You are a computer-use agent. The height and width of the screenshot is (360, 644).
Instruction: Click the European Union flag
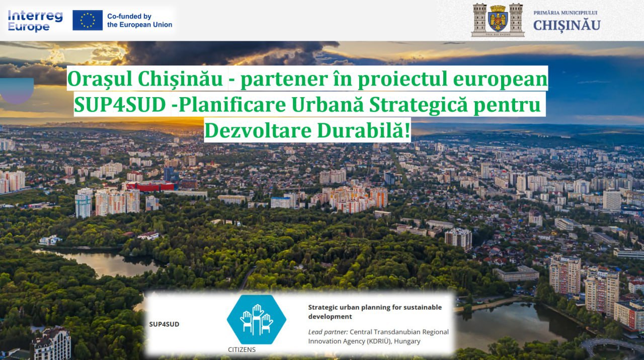point(88,20)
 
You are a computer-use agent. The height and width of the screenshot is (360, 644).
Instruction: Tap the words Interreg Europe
point(35,21)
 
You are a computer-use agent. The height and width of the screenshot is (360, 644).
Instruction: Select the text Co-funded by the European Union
point(140,21)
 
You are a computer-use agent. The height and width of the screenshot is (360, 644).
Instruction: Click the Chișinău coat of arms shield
point(498,19)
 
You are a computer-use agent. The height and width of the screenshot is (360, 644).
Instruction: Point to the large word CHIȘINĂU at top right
point(567,25)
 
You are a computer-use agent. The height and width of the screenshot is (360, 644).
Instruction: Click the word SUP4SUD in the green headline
point(120,104)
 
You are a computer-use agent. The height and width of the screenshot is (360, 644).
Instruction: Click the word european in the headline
point(500,79)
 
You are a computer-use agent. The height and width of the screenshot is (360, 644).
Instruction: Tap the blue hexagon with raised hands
point(256,319)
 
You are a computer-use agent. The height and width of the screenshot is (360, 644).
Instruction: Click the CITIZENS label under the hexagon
point(242,349)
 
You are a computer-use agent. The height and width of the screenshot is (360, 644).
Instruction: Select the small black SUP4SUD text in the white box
point(164,324)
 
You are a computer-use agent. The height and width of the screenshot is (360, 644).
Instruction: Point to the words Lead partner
point(328,332)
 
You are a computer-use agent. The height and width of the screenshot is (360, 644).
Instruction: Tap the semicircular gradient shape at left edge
point(17,90)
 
